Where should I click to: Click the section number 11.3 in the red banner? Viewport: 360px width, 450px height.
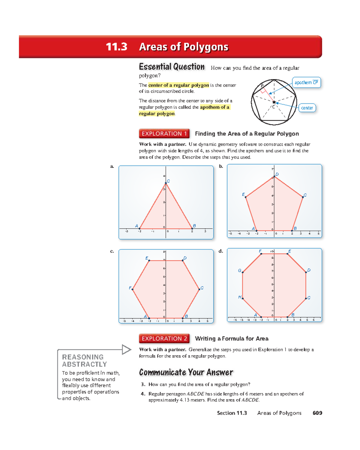click(x=116, y=47)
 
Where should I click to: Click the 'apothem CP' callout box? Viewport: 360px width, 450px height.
click(x=306, y=82)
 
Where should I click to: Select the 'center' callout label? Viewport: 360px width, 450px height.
click(x=307, y=108)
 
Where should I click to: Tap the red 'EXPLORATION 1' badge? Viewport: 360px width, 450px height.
click(x=164, y=134)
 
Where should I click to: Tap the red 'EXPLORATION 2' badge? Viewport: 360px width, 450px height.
click(x=164, y=338)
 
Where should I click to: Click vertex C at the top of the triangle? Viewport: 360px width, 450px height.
click(x=166, y=183)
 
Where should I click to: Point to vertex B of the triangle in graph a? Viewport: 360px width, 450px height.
click(x=192, y=228)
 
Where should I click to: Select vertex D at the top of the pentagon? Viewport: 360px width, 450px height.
click(x=274, y=177)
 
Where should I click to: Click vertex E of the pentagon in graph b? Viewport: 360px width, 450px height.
click(x=246, y=197)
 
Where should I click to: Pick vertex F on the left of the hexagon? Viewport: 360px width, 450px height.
click(x=133, y=289)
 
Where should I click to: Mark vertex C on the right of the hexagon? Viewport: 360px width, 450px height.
click(x=199, y=289)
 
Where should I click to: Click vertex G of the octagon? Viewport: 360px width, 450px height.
click(x=242, y=272)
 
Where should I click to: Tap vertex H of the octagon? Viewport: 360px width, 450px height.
click(x=242, y=299)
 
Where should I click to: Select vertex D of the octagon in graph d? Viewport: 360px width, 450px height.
click(x=306, y=272)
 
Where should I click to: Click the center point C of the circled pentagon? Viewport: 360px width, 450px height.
click(x=274, y=102)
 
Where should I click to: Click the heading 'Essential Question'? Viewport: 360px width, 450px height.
click(x=172, y=67)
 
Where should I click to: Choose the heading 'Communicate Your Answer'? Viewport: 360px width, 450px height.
click(x=186, y=372)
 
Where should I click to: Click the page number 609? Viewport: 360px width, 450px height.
click(x=317, y=413)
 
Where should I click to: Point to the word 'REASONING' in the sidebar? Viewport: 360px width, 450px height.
click(x=83, y=357)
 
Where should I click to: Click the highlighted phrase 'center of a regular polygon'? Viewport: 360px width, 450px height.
click(x=178, y=85)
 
